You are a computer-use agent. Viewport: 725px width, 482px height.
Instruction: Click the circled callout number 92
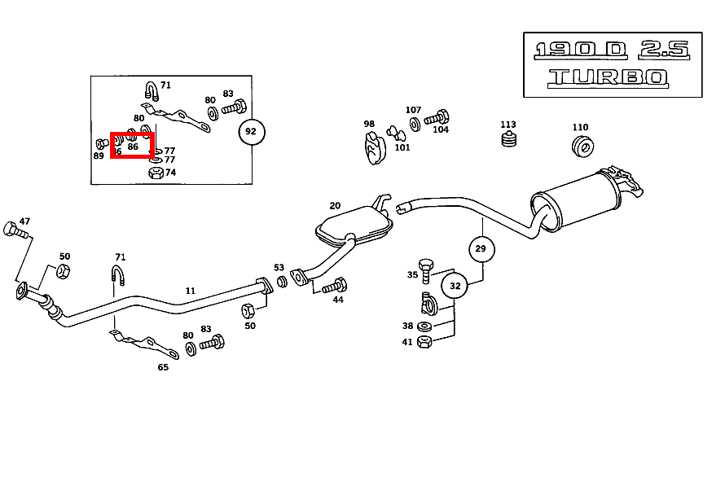pyautogui.click(x=252, y=131)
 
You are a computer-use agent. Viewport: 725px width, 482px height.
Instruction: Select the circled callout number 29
pyautogui.click(x=481, y=248)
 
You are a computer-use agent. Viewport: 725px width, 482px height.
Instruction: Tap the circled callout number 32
pyautogui.click(x=455, y=286)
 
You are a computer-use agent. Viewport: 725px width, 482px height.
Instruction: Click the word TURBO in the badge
pyautogui.click(x=608, y=78)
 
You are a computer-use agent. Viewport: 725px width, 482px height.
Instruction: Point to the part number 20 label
pyautogui.click(x=335, y=206)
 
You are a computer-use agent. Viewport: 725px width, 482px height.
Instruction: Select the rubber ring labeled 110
pyautogui.click(x=583, y=147)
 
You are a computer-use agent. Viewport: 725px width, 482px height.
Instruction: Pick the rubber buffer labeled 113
pyautogui.click(x=508, y=142)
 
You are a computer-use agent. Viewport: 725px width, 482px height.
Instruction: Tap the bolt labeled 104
pyautogui.click(x=441, y=116)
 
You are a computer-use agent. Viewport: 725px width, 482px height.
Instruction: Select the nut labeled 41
pyautogui.click(x=424, y=343)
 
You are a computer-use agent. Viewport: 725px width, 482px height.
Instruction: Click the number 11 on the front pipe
pyautogui.click(x=191, y=291)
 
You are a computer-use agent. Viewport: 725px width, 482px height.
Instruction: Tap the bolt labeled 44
pyautogui.click(x=336, y=286)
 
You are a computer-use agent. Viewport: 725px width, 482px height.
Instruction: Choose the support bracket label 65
pyautogui.click(x=163, y=367)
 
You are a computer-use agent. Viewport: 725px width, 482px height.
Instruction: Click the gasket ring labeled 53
pyautogui.click(x=283, y=282)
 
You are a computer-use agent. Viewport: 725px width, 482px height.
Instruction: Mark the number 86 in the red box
pyautogui.click(x=133, y=147)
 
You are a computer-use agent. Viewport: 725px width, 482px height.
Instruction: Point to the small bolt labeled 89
pyautogui.click(x=102, y=144)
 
